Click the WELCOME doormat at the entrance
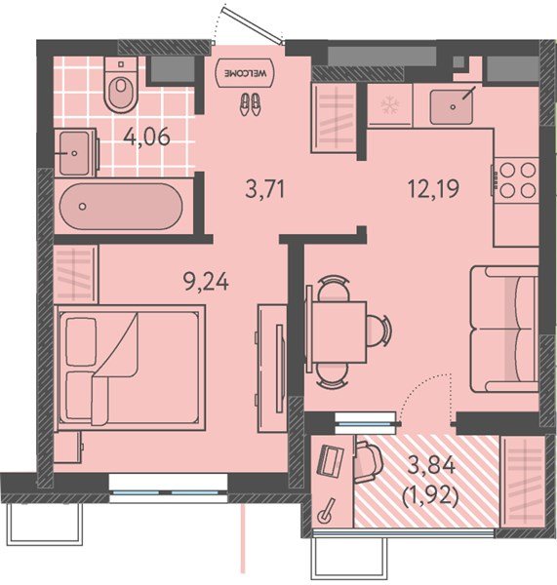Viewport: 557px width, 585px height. pos(245,73)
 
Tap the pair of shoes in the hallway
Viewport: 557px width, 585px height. pos(250,104)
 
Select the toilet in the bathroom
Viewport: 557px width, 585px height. pos(121,84)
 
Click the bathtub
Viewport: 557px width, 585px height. pos(121,207)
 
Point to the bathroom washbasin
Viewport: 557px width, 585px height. pos(75,153)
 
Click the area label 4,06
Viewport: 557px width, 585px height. pos(147,136)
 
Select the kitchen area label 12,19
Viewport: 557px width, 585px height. pos(433,188)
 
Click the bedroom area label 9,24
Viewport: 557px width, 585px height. pos(206,282)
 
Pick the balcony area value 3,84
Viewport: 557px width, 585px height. pos(431,466)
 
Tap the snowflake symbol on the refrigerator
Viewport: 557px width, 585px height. pos(390,105)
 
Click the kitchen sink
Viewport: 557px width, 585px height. pos(451,107)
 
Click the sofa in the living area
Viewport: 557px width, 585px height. pos(504,330)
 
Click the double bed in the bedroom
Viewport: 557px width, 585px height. pos(130,368)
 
